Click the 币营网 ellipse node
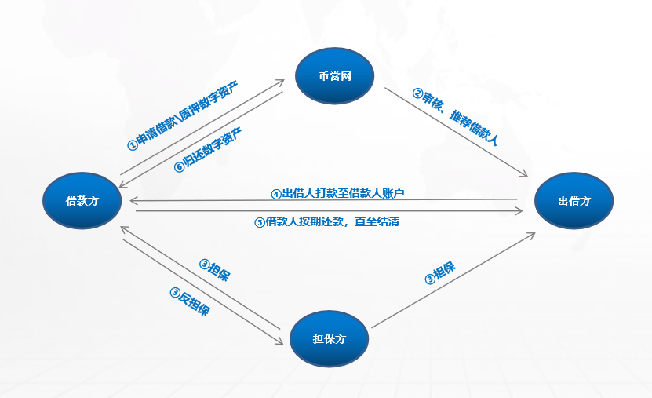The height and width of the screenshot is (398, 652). (x=335, y=76)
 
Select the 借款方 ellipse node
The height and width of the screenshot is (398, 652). (x=82, y=201)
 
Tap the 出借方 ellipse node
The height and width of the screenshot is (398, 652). (x=574, y=201)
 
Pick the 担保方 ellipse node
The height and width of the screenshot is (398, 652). (x=329, y=338)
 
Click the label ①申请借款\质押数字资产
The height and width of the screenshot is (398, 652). (x=183, y=115)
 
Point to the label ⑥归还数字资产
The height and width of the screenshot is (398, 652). (x=207, y=148)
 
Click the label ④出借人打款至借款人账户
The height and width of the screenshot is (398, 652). (x=337, y=193)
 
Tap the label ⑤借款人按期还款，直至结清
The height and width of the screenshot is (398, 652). (x=327, y=222)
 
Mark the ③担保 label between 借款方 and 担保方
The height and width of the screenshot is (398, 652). (x=214, y=268)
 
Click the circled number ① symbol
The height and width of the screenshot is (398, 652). (x=132, y=145)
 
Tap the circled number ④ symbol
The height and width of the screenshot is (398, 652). (x=275, y=193)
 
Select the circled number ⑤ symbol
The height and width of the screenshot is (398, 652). (x=260, y=222)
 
